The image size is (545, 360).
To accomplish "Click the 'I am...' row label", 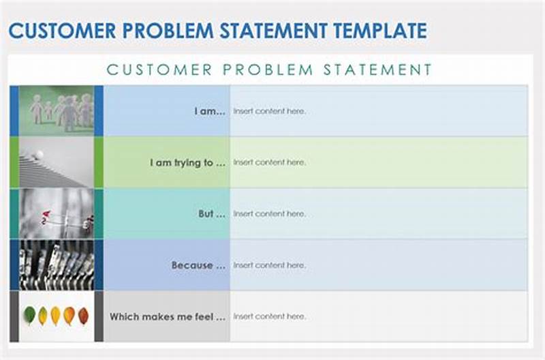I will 210,111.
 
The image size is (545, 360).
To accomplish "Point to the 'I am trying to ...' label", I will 187,163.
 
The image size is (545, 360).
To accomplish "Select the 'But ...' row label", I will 212,214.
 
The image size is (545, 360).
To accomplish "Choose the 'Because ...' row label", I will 198,265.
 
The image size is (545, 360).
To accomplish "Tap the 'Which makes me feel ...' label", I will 167,316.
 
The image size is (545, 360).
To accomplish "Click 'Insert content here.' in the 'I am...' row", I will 269,111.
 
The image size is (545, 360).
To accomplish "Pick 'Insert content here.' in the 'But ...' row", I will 269,214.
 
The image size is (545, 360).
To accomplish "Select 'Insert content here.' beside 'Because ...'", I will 269,265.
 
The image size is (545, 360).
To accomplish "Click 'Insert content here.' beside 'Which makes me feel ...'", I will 269,316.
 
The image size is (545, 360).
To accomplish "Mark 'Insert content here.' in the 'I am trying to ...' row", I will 269,163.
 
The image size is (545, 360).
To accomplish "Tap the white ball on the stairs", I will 39,155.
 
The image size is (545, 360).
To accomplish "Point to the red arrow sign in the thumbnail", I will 46,215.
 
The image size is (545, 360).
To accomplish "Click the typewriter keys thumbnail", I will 57,265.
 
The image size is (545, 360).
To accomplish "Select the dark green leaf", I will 29,314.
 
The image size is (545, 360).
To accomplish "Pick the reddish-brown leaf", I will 83,316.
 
